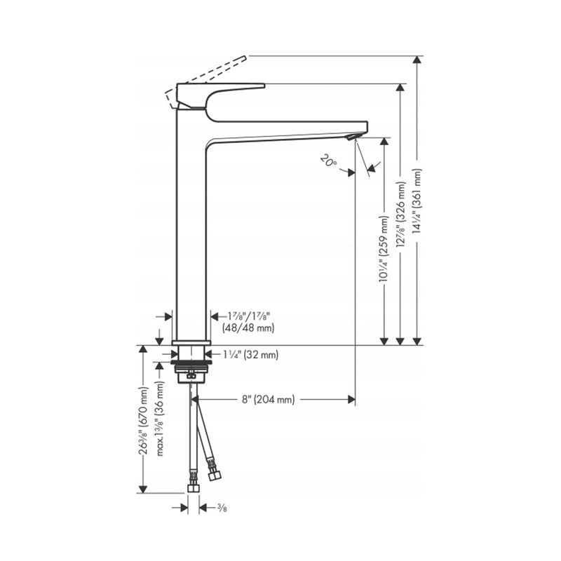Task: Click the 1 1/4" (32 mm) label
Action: point(250,356)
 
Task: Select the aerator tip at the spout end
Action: point(355,136)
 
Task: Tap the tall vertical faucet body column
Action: point(190,231)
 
